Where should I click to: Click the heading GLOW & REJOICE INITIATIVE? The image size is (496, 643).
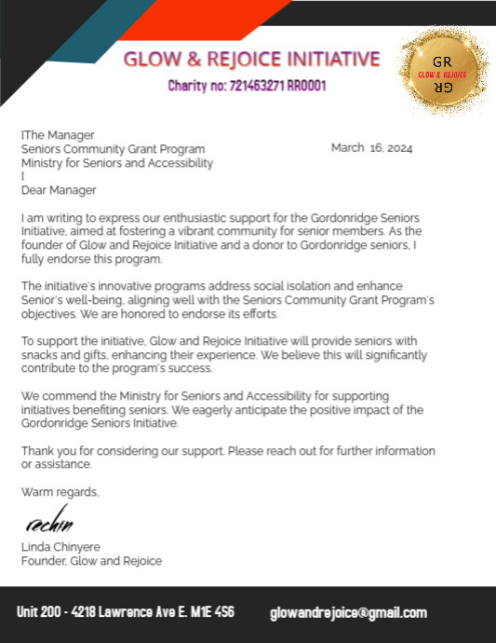pyautogui.click(x=251, y=60)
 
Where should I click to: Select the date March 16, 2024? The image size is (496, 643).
pyautogui.click(x=371, y=148)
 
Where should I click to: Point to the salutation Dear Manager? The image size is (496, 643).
pyautogui.click(x=59, y=190)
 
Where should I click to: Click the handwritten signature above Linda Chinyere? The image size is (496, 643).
pyautogui.click(x=48, y=522)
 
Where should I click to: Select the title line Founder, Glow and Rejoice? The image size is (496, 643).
pyautogui.click(x=91, y=561)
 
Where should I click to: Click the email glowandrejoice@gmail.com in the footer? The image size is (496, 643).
pyautogui.click(x=348, y=613)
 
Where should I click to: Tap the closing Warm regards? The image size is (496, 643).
pyautogui.click(x=60, y=491)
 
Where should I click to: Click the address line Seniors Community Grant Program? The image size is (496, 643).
pyautogui.click(x=114, y=149)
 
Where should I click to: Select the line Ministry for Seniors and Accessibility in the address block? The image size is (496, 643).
pyautogui.click(x=117, y=163)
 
